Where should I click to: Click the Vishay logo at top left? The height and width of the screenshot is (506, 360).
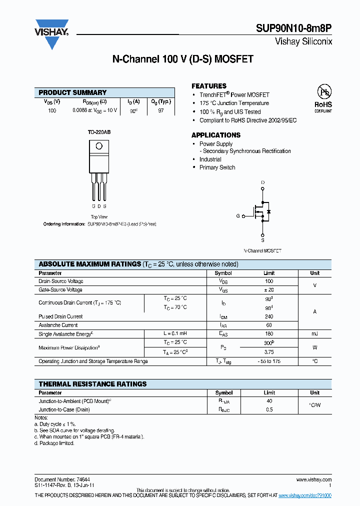(51, 34)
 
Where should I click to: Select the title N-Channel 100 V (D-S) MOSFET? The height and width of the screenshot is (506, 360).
(182, 59)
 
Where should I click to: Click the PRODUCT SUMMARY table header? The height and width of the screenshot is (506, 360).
(72, 92)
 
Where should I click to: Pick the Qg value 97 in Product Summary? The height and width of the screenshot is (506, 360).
(161, 110)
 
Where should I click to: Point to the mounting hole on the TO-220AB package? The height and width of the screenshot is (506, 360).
(99, 146)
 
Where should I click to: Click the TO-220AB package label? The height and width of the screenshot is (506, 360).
(99, 132)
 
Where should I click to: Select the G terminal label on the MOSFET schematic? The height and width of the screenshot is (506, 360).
(237, 216)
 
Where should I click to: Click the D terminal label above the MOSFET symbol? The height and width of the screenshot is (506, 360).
(263, 182)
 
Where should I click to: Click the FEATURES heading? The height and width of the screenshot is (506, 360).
(209, 86)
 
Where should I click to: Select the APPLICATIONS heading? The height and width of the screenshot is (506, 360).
(216, 135)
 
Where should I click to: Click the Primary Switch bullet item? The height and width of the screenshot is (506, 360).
(217, 167)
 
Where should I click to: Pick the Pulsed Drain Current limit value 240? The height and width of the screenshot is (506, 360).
(269, 316)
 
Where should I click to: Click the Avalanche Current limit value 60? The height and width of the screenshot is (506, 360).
(269, 325)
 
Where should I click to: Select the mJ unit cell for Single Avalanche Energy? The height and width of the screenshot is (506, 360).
(314, 333)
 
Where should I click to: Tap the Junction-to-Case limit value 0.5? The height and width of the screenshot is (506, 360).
(269, 409)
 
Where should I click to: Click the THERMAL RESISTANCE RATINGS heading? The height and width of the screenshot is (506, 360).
(92, 384)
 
